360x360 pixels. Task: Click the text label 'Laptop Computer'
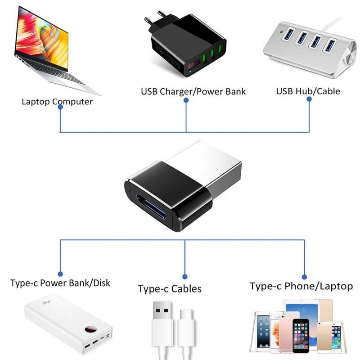tap(57, 101)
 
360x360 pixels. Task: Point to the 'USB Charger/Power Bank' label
tap(193, 91)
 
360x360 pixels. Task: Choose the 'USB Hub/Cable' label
tap(308, 91)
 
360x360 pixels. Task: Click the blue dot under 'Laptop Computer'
tap(60, 112)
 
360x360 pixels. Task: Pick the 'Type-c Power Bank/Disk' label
tap(60, 283)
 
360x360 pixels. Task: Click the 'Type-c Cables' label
tap(170, 288)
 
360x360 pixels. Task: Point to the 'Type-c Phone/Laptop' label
tap(301, 286)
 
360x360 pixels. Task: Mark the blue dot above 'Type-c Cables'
tap(184, 277)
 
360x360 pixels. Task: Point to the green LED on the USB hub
tap(281, 32)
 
